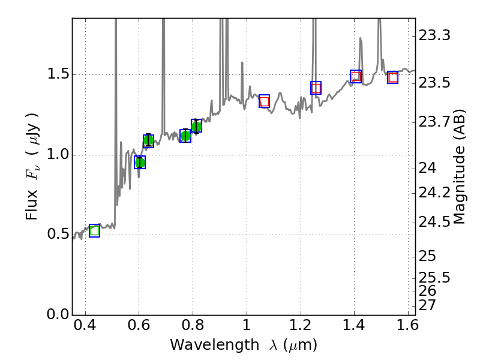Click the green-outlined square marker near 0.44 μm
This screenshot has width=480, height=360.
[94, 230]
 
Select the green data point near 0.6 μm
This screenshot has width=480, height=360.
[140, 163]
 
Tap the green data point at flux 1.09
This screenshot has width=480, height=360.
[148, 141]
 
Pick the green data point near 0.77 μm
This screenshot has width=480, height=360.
[185, 136]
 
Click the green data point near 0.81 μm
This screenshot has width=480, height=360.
[196, 126]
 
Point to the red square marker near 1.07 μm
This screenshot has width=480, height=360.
[264, 101]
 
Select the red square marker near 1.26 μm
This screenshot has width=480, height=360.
[316, 88]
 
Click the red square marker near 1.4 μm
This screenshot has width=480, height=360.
[356, 76]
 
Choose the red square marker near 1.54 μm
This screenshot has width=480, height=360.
[393, 77]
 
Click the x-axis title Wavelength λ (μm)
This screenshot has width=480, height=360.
[244, 345]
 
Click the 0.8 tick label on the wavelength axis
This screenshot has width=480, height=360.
[193, 329]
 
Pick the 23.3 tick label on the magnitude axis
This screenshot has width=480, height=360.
[435, 36]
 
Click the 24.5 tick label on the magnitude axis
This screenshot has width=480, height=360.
[435, 223]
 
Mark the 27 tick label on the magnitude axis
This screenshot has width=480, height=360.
[427, 305]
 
